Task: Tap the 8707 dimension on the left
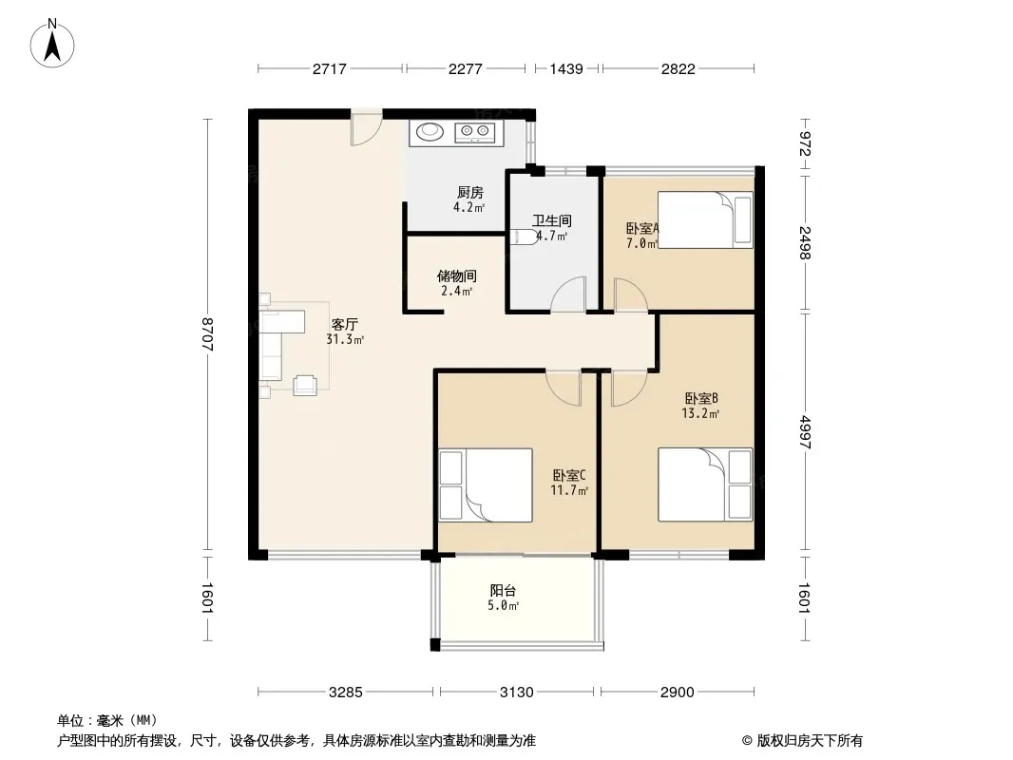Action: coord(207,334)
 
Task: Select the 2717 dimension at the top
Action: coord(330,68)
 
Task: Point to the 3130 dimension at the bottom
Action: coord(517,693)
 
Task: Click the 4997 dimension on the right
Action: coord(804,432)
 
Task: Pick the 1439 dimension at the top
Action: coord(566,68)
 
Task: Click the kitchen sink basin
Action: coord(430,132)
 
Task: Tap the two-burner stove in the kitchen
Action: coord(475,132)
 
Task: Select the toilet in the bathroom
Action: coord(524,237)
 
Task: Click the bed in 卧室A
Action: coord(705,219)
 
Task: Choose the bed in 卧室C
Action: coord(486,484)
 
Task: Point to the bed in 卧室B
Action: coord(705,484)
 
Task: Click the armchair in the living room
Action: coord(306,385)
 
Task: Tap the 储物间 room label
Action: coord(457,275)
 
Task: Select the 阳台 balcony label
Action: coord(503,590)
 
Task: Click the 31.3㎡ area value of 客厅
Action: coord(345,340)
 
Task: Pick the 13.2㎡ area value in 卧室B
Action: coord(700,414)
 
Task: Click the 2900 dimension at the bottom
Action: coord(677,693)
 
